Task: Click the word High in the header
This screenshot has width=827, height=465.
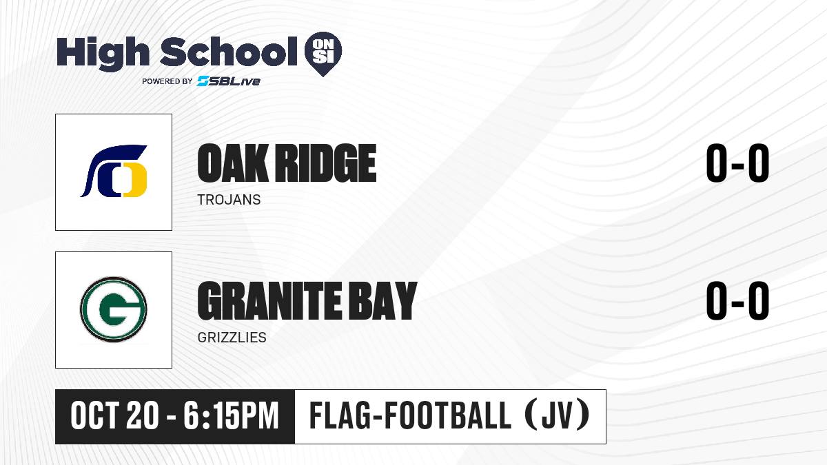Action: click(103, 53)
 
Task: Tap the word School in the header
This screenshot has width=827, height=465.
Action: click(229, 52)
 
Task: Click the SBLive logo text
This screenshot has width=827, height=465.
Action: click(229, 81)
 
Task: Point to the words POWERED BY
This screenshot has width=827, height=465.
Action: click(167, 81)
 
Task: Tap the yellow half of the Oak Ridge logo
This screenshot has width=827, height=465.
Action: click(136, 180)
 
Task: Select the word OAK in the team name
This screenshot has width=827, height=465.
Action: click(233, 163)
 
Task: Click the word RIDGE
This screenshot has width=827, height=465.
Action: click(327, 163)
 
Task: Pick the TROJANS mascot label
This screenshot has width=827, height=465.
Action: click(229, 200)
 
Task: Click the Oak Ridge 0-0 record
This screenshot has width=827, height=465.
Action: click(737, 163)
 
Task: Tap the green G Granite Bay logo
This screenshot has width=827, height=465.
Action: click(114, 309)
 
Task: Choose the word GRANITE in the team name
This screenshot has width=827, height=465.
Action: click(269, 301)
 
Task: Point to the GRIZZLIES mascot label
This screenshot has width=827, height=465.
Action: click(232, 338)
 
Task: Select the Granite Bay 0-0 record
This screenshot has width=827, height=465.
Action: click(737, 300)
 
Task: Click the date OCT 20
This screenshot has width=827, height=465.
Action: click(114, 416)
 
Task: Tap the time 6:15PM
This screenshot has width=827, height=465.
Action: click(231, 416)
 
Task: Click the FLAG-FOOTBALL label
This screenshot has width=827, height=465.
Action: click(410, 416)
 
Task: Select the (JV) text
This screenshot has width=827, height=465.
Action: click(558, 415)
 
